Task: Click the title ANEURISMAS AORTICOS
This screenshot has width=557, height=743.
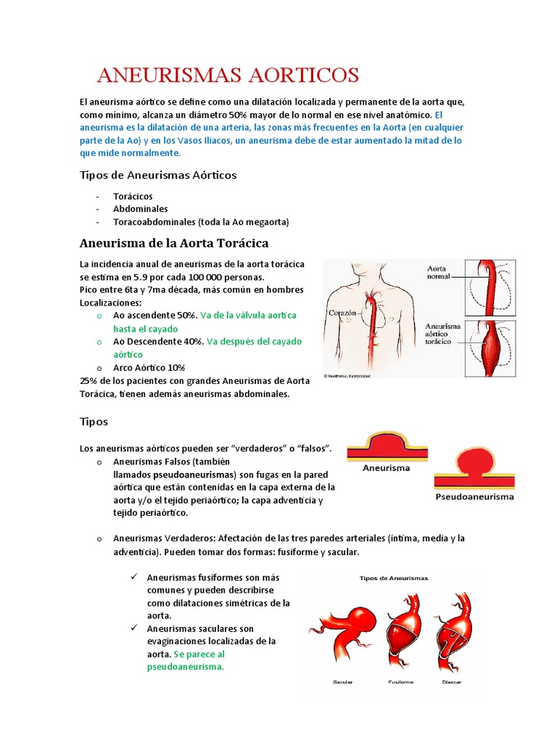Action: [x=228, y=75]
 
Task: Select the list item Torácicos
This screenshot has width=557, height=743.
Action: [x=133, y=196]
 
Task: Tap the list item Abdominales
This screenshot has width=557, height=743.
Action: [x=140, y=209]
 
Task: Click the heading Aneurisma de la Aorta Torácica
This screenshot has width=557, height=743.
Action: [x=173, y=242]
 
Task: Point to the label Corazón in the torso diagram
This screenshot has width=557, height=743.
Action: [x=344, y=313]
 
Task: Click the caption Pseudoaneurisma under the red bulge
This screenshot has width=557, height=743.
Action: [x=474, y=497]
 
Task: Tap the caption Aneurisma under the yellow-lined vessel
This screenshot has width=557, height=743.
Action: [x=386, y=468]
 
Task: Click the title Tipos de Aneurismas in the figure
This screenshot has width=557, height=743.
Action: [x=394, y=578]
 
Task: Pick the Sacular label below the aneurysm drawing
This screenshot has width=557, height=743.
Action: [x=342, y=683]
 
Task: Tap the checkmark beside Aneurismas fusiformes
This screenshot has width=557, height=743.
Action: [x=134, y=577]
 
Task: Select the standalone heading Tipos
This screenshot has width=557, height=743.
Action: [x=94, y=422]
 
